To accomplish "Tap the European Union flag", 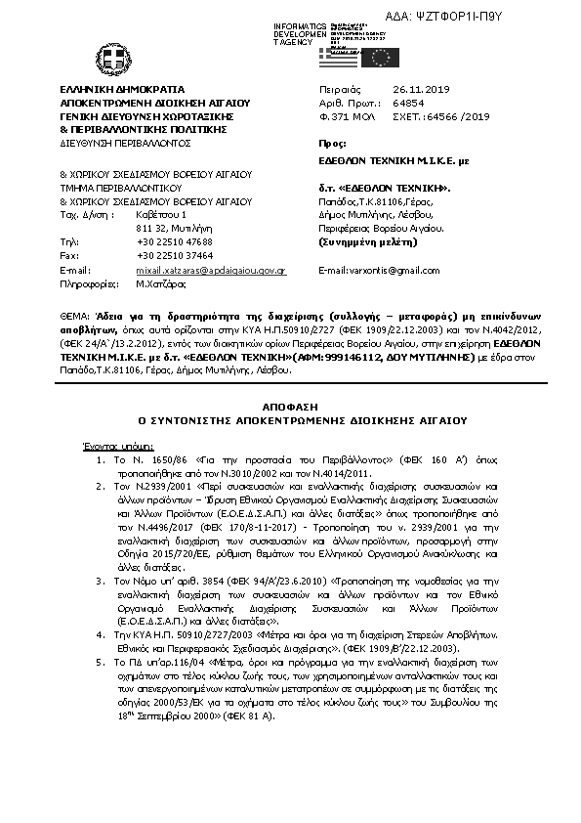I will [x=379, y=57].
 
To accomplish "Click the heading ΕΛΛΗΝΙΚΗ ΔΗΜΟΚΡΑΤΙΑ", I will [x=114, y=89].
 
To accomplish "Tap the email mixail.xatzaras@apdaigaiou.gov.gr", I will [x=210, y=268].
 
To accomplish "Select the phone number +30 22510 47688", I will [x=175, y=240].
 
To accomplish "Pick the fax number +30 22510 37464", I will [x=175, y=254].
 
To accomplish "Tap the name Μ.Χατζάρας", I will [x=160, y=282].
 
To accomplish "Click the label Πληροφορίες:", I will [x=89, y=282].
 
